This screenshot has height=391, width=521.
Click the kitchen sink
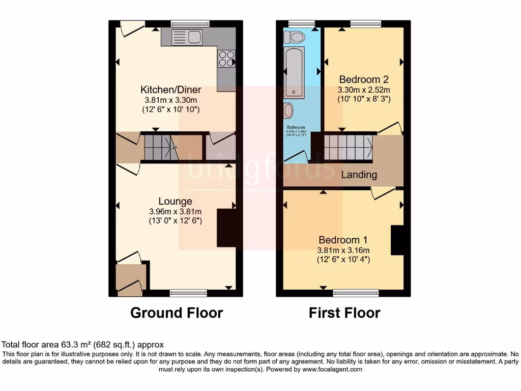(x=187, y=37)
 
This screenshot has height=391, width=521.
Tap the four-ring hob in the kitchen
(x=227, y=59)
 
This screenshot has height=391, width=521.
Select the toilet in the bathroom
(x=295, y=36)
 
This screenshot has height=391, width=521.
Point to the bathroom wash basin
(x=288, y=110)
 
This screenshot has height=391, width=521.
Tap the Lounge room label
(x=175, y=201)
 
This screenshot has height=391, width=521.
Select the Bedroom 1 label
(x=343, y=240)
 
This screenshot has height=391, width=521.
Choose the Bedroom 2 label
(x=364, y=79)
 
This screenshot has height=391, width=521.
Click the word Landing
(x=359, y=175)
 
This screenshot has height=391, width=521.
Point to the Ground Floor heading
(x=177, y=312)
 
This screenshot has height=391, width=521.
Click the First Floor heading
(x=344, y=312)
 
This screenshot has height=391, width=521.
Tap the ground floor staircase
(x=160, y=147)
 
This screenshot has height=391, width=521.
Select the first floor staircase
(x=349, y=147)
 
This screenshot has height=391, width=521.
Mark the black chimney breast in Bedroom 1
(x=397, y=240)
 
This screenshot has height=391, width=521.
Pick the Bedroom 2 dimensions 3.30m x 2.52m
(x=364, y=90)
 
